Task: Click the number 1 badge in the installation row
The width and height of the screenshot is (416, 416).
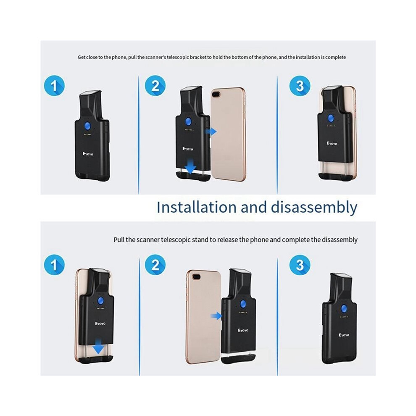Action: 54,85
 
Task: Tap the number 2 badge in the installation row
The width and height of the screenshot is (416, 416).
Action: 155,85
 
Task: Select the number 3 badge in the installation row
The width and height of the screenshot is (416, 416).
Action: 300,85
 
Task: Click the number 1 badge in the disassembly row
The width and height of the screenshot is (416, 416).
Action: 54,265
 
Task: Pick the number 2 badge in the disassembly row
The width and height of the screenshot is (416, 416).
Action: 155,265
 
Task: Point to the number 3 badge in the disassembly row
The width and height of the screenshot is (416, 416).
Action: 300,265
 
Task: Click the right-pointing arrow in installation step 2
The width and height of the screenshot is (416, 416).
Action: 211,132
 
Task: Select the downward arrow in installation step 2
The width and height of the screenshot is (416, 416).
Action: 190,167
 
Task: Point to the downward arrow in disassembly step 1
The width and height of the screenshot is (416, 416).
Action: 99,346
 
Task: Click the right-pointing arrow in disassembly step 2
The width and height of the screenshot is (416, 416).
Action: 216,316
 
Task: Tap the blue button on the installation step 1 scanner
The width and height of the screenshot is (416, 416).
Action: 88,126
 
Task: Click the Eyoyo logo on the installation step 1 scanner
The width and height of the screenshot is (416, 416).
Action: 88,154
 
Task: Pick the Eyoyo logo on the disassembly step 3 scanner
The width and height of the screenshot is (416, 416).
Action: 344,335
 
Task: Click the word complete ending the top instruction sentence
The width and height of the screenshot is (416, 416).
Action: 335,57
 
